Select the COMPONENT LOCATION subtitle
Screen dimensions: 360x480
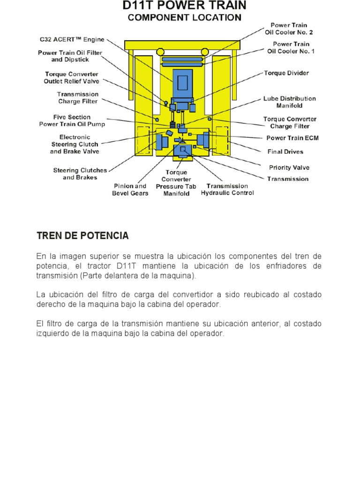point(184,18)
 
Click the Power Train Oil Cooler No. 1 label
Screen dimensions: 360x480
point(291,47)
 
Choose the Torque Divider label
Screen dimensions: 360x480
point(286,73)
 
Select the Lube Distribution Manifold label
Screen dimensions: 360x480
point(289,102)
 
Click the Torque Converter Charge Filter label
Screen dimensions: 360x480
point(289,122)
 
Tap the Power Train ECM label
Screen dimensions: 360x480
point(292,138)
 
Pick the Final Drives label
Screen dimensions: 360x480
point(285,152)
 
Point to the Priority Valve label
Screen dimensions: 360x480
point(289,167)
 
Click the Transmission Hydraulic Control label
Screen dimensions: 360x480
point(227,189)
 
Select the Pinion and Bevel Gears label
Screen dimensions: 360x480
point(130,189)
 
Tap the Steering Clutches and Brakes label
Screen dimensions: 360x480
point(80,174)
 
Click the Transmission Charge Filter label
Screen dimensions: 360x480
point(78,97)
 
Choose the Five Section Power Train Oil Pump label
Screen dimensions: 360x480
point(72,120)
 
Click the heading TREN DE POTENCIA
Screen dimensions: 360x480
point(82,236)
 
